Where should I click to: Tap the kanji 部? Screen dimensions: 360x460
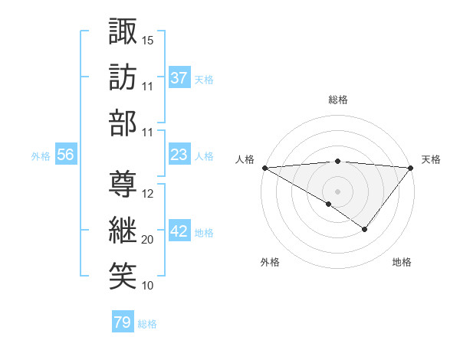[x=123, y=123]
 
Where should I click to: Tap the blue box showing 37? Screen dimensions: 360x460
[x=179, y=78]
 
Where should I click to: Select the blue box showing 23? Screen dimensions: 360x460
[x=179, y=155]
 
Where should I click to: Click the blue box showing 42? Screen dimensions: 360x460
[x=179, y=231]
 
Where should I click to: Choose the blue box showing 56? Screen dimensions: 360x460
[x=65, y=155]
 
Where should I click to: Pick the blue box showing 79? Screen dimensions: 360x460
[x=122, y=322]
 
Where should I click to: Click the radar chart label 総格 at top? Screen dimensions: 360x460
[x=337, y=100]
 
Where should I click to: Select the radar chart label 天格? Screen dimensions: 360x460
[x=431, y=159]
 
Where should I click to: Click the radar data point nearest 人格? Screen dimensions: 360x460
[x=264, y=167]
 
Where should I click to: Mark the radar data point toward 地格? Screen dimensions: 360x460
[x=365, y=229]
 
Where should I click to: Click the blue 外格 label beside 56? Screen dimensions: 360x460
[x=41, y=155]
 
